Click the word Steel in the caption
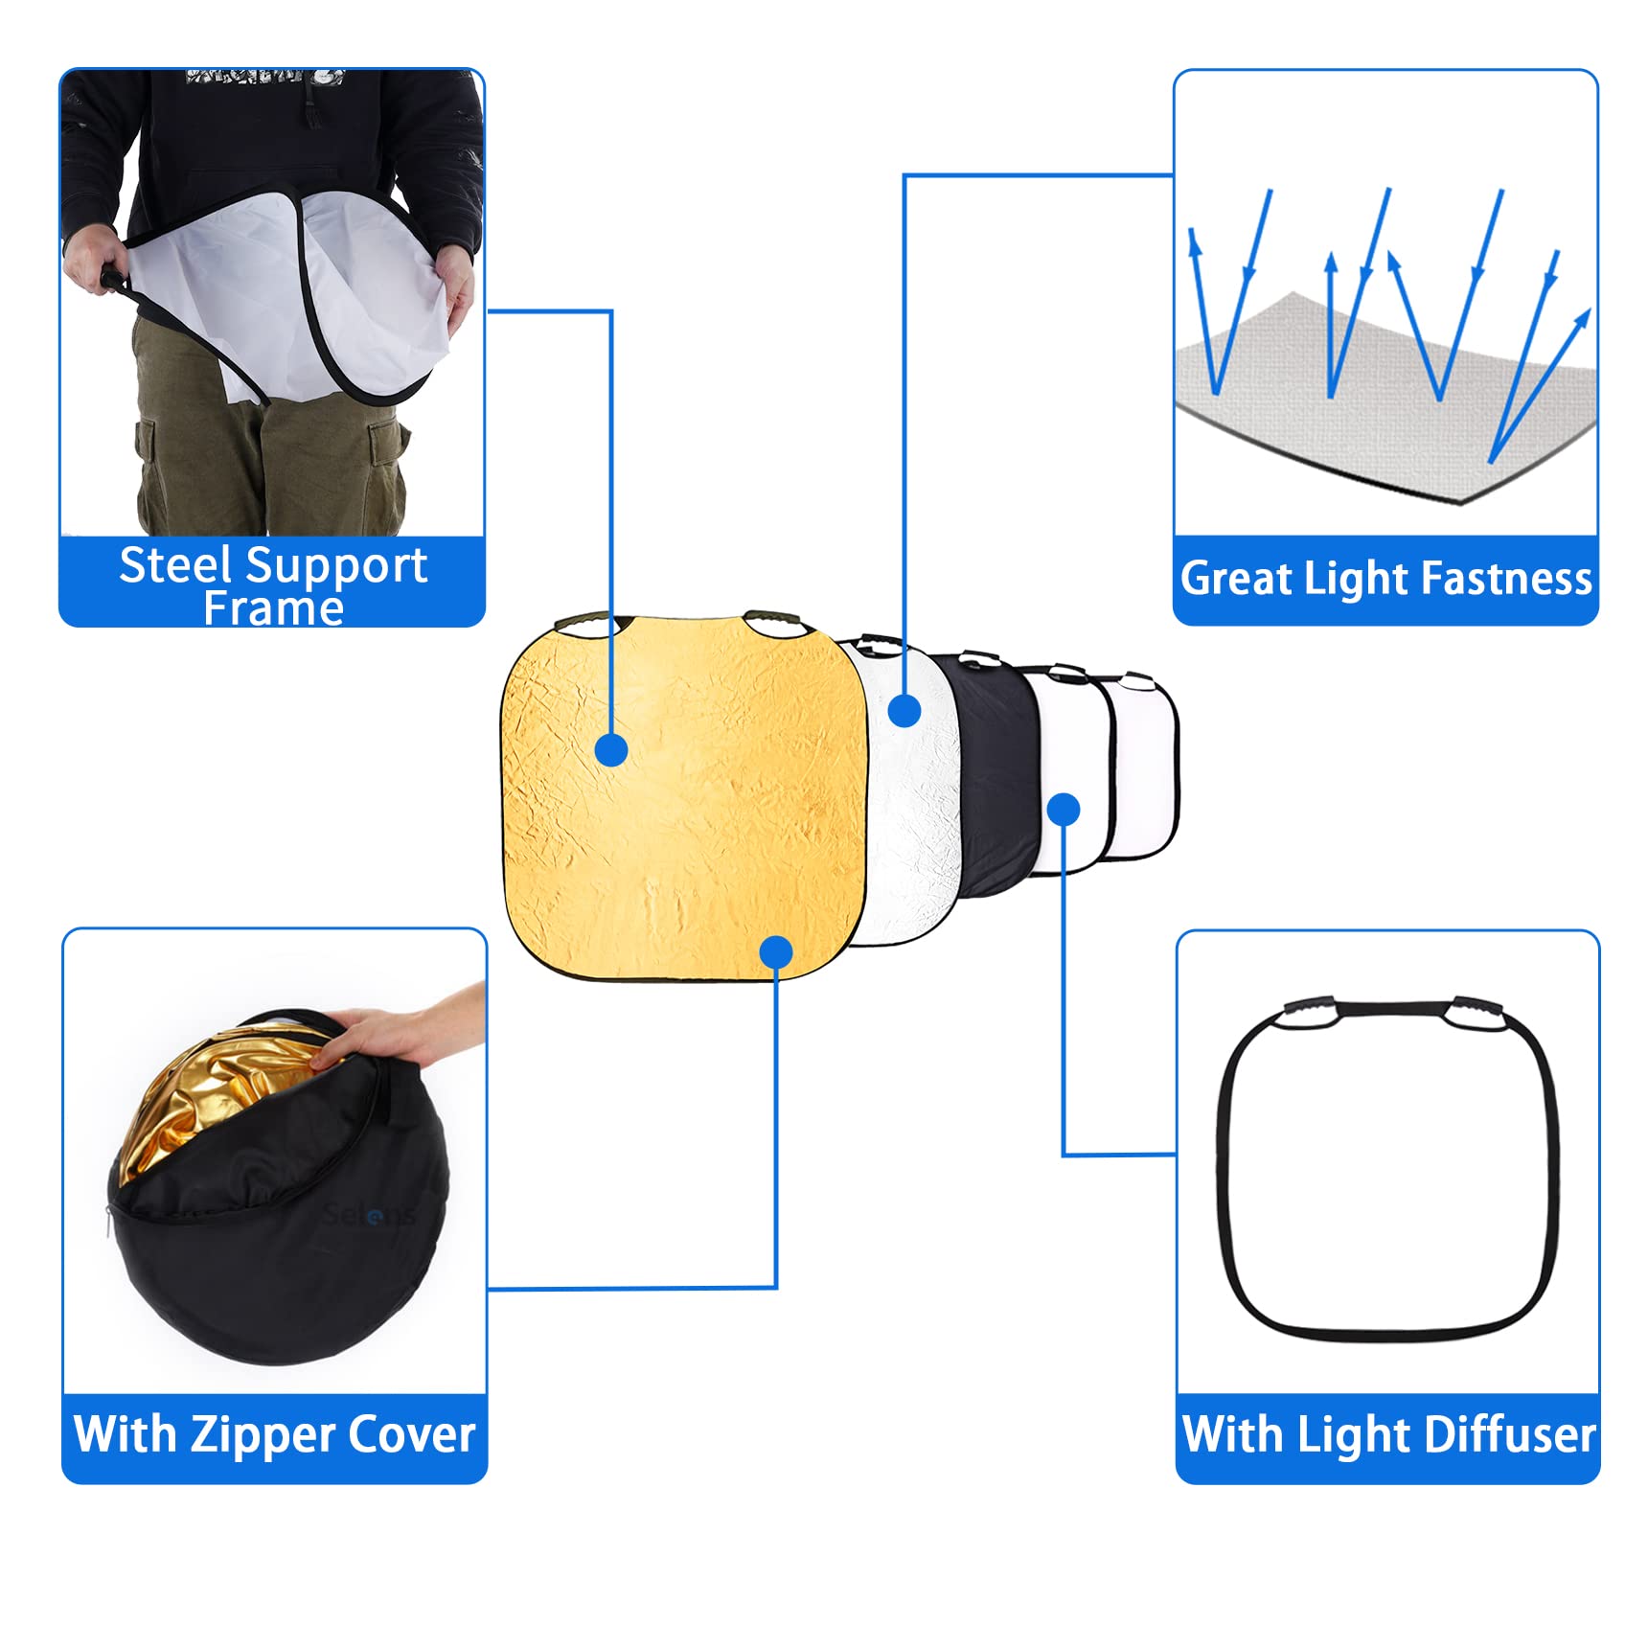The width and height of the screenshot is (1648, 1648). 174,565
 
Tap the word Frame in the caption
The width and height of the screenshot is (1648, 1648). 273,609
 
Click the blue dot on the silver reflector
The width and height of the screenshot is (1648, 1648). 904,710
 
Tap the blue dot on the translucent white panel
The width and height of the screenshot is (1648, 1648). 1064,810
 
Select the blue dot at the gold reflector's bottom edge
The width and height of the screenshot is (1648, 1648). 775,951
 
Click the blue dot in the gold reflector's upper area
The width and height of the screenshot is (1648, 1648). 611,749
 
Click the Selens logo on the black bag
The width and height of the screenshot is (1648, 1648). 370,1215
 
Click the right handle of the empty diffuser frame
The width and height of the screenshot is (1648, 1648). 1476,1014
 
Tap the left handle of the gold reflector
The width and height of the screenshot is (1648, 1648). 584,624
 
